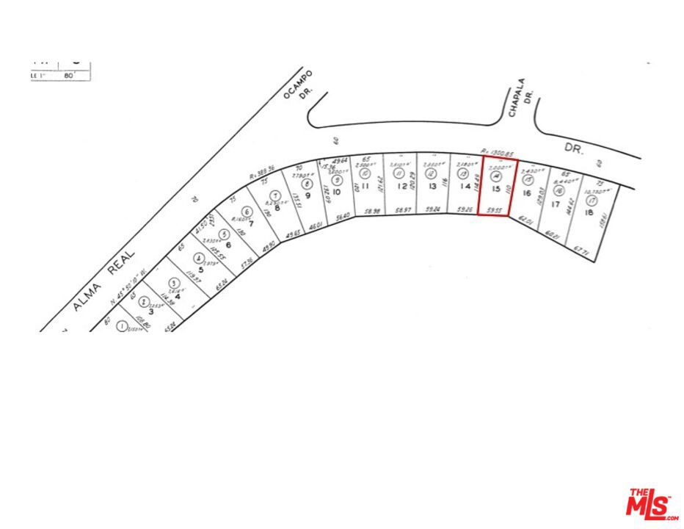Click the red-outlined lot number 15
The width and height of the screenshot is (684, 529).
pyautogui.click(x=497, y=189)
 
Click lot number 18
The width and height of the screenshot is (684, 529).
pyautogui.click(x=589, y=212)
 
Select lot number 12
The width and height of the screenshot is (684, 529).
pyautogui.click(x=401, y=186)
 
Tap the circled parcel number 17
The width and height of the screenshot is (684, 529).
pyautogui.click(x=591, y=200)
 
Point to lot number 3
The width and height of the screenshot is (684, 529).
pyautogui.click(x=150, y=312)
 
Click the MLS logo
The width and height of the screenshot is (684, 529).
pyautogui.click(x=652, y=503)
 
